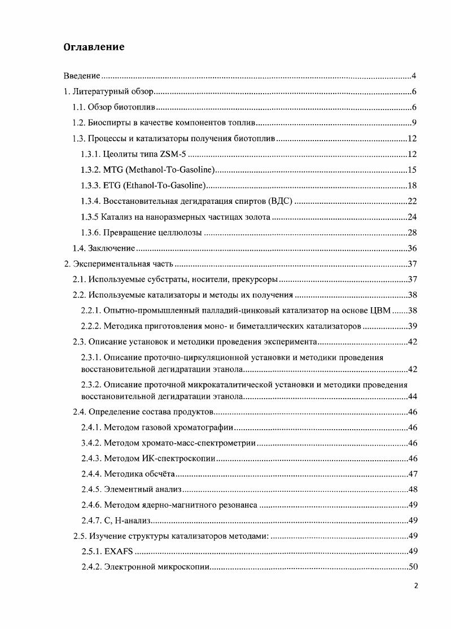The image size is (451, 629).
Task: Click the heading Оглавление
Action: point(93,47)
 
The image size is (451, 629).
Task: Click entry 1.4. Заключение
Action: point(104,248)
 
